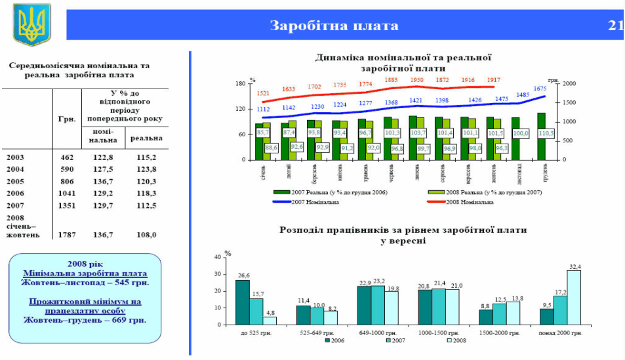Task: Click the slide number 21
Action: click(x=615, y=26)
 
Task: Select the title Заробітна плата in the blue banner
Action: click(x=334, y=26)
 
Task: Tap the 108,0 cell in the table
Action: click(x=145, y=234)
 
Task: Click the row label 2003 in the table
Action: click(x=16, y=157)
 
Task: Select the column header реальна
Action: click(x=146, y=138)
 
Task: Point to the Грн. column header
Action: click(x=67, y=119)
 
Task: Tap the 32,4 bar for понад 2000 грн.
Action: click(x=574, y=298)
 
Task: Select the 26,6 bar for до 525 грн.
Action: click(x=243, y=302)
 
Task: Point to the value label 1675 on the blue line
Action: click(x=540, y=89)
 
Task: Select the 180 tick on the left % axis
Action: click(x=241, y=84)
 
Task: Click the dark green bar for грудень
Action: click(x=541, y=136)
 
